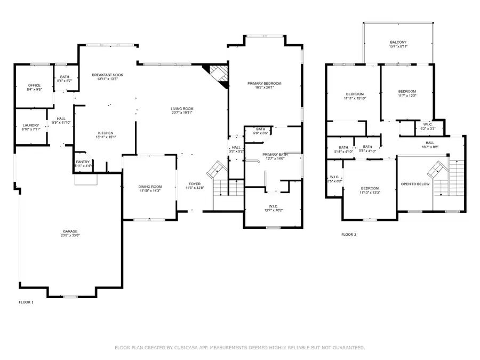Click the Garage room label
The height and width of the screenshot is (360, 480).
point(70,230)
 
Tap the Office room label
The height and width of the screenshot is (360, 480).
point(35,85)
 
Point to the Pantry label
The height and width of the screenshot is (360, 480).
point(83,162)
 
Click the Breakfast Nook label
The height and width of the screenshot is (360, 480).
point(107,75)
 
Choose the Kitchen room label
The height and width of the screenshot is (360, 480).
point(105,133)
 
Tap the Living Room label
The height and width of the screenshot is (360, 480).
point(182,108)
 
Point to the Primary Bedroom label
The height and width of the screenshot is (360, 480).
point(264,84)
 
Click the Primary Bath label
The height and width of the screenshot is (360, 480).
point(274,154)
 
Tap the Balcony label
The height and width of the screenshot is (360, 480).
point(398,42)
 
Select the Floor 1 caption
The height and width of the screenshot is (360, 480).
point(26,302)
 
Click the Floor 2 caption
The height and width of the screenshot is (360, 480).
point(349,234)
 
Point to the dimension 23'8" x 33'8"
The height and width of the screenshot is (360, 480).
point(70,235)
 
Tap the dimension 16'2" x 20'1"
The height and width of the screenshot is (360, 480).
point(264,89)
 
